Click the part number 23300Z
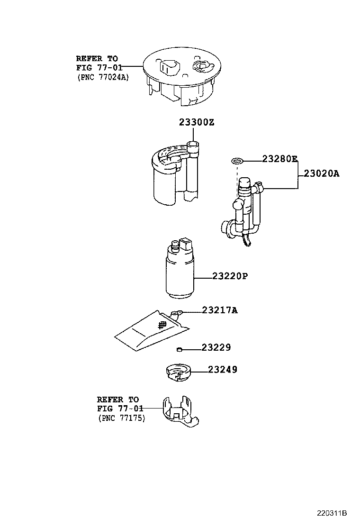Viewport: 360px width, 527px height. [197, 123]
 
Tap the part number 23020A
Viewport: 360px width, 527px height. [322, 174]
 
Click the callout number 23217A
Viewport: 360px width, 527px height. [219, 310]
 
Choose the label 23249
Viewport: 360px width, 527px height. [223, 370]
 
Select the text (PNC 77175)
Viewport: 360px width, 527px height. [122, 418]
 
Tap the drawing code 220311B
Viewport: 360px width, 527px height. [332, 513]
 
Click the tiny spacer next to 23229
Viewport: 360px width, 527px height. [179, 350]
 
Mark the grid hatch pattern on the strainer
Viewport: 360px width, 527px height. [162, 325]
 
